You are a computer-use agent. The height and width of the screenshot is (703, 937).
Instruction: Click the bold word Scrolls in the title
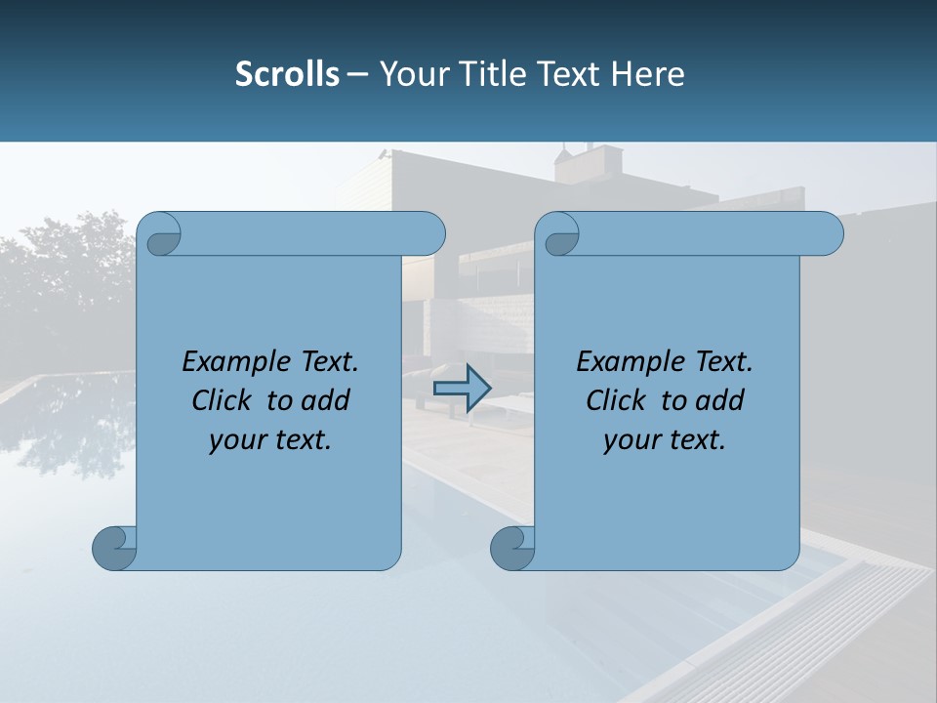[x=287, y=73]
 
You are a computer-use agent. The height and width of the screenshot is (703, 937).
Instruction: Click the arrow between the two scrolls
[x=462, y=389]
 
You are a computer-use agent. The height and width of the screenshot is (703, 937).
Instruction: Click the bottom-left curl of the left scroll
[x=113, y=547]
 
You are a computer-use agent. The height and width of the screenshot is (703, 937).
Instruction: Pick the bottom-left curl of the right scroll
[x=511, y=547]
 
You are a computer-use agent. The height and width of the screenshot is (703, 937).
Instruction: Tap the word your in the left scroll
[x=237, y=440]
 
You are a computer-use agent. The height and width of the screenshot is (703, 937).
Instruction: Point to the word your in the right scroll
[x=631, y=440]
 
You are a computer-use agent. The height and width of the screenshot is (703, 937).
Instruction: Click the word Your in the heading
[x=415, y=73]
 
